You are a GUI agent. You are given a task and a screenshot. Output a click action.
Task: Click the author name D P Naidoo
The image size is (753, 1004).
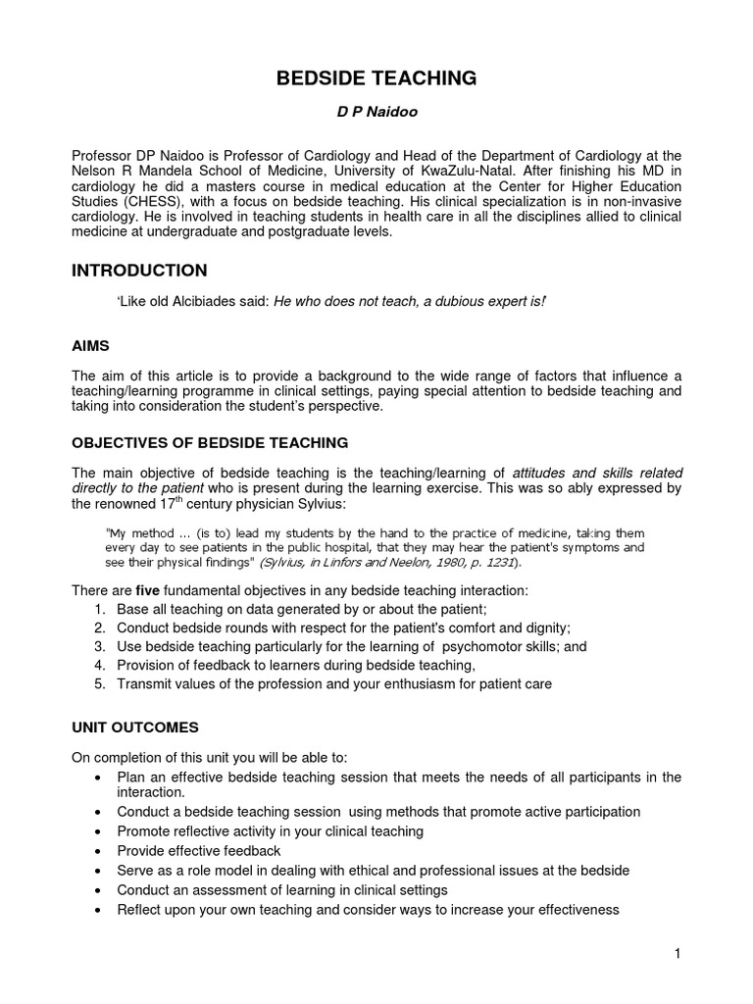coord(377,112)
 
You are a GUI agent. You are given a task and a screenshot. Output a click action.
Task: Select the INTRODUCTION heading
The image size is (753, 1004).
coord(139,271)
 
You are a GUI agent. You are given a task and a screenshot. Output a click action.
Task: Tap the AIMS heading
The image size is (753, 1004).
coord(92,347)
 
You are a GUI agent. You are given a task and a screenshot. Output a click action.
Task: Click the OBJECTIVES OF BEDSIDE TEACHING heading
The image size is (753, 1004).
coord(210,443)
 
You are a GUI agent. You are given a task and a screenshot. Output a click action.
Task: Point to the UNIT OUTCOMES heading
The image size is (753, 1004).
coord(135,728)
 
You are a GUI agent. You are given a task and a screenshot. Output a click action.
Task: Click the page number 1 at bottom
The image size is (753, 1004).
coord(677,954)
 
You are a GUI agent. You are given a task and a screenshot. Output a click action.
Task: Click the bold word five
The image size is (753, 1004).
coord(148,590)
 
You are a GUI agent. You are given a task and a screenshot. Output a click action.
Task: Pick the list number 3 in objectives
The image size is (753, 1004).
coord(100,647)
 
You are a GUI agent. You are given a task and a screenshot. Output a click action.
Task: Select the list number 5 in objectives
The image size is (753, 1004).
coord(100,684)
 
